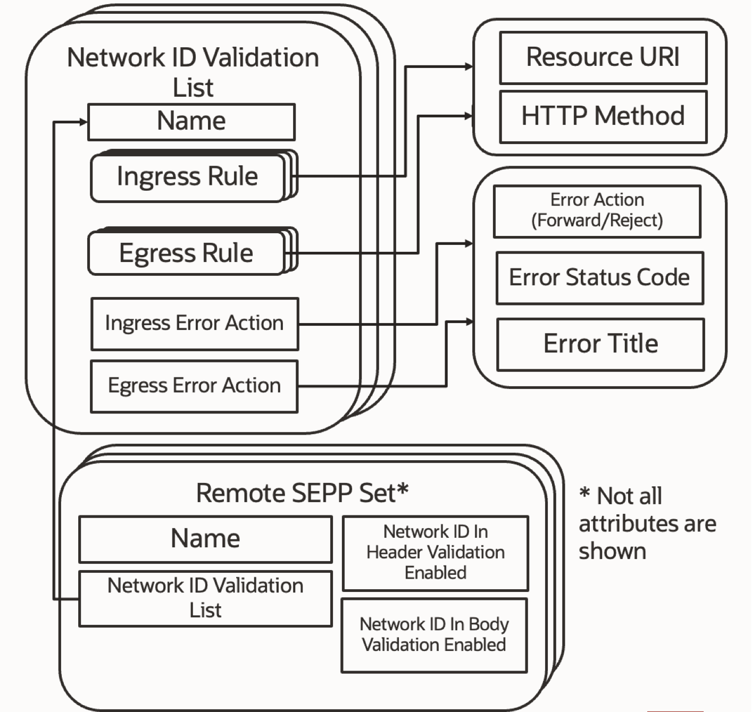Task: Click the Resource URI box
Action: [603, 57]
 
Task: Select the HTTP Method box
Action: [603, 116]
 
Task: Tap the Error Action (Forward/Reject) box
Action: [597, 211]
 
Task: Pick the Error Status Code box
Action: [599, 278]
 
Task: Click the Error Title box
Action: [600, 344]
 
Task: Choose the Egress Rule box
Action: [186, 253]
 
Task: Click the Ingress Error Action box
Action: [194, 324]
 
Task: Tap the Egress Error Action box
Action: [194, 386]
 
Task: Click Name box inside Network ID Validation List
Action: [191, 122]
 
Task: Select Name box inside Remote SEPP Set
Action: [205, 539]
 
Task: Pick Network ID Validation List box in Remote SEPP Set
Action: [205, 598]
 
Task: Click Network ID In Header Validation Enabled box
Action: [435, 553]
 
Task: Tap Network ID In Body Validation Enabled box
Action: [434, 635]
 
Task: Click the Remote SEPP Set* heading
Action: [302, 493]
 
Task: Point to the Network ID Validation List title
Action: [193, 72]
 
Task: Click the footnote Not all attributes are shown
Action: [647, 523]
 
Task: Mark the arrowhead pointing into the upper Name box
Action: [83, 122]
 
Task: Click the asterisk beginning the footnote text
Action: [584, 493]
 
